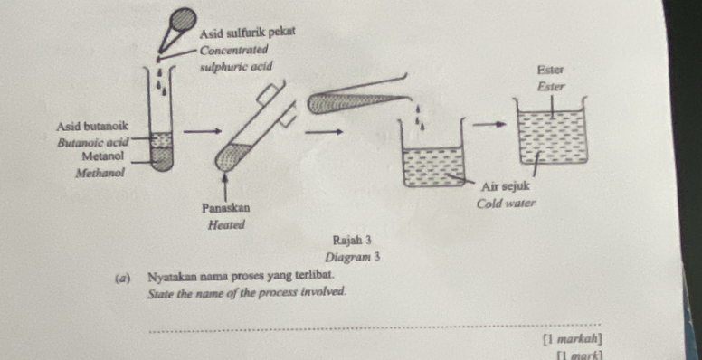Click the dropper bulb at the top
pos(184,20)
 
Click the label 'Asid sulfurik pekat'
pos(248,33)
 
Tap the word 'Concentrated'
pos(234,50)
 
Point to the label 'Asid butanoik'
pos(92,127)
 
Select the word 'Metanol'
pos(102,156)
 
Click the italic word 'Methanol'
pos(100,173)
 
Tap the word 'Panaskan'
pos(226,208)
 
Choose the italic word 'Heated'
pos(227,225)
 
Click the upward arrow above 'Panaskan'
pos(225,188)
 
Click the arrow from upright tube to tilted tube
pos(203,131)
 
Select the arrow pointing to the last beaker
pos(490,125)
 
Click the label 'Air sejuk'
pos(505,185)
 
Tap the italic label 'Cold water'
pos(506,204)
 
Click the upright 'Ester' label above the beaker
pos(551,70)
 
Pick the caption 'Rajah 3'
pos(352,240)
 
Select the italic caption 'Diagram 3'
pos(353,258)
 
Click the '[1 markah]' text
pos(572,339)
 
